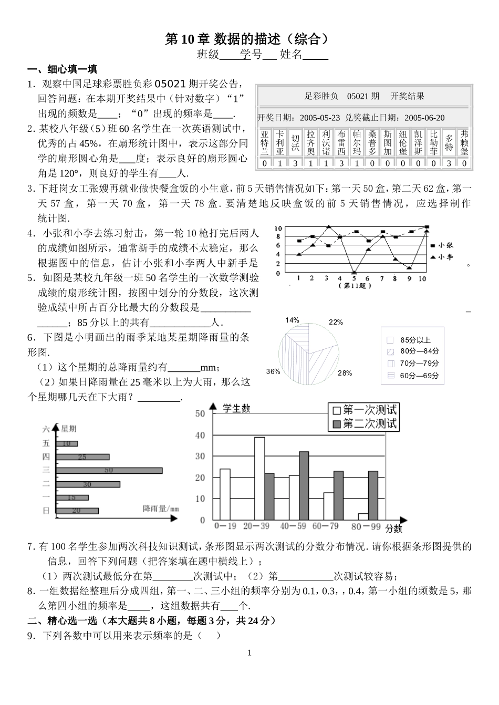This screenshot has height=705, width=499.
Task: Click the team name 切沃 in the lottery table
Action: tap(296, 143)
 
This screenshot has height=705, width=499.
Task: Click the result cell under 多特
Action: tap(449, 163)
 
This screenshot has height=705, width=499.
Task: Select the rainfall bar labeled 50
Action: tap(110, 471)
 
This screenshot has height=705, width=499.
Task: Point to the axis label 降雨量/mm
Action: tap(161, 508)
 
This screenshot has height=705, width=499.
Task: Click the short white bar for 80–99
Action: tap(363, 516)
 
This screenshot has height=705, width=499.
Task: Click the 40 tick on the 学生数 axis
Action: tap(200, 435)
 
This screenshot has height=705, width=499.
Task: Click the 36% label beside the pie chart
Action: tap(273, 371)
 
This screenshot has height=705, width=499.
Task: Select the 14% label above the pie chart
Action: tap(292, 320)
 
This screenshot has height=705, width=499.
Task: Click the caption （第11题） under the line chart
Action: tap(357, 286)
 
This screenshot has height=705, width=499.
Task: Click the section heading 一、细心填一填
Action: tap(62, 69)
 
